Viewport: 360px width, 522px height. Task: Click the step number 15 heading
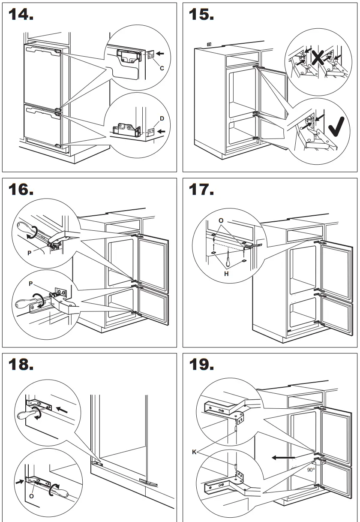[x=201, y=15]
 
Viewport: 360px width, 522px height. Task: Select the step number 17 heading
[x=201, y=189]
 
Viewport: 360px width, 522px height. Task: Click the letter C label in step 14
[x=162, y=68]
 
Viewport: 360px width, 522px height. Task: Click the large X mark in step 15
[x=318, y=57]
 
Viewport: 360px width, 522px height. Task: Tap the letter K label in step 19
[x=194, y=452]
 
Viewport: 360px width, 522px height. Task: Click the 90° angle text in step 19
[x=311, y=470]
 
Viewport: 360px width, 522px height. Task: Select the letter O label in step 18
[x=32, y=496]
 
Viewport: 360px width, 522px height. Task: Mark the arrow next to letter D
[x=161, y=131]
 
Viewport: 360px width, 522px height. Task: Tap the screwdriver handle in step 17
[x=229, y=261]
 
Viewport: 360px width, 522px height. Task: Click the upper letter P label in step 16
[x=29, y=253]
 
